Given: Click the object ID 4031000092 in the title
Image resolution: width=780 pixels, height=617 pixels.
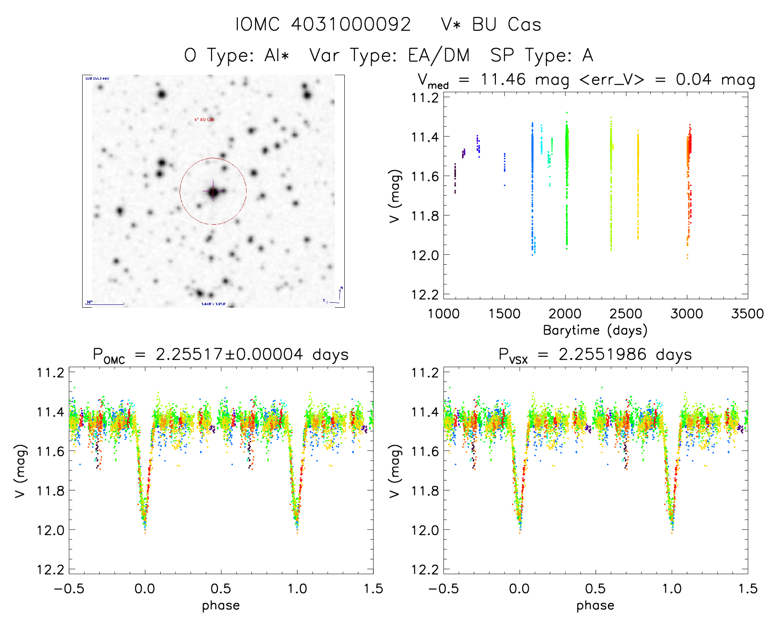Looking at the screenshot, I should [351, 24].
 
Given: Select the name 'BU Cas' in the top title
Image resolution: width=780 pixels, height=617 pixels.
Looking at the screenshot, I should [506, 24].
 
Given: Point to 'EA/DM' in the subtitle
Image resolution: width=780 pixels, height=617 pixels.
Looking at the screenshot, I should [439, 55].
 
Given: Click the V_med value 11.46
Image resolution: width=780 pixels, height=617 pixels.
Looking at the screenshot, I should [503, 79].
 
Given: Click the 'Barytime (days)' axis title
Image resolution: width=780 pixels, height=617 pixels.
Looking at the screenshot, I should [595, 330].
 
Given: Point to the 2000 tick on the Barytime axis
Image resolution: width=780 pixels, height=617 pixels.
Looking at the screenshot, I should [565, 314].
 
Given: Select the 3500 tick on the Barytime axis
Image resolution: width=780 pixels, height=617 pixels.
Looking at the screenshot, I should [747, 314].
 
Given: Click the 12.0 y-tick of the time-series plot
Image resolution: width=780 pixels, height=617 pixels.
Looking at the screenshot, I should [425, 255].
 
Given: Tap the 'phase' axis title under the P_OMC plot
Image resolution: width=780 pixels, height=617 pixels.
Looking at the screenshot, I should [221, 605].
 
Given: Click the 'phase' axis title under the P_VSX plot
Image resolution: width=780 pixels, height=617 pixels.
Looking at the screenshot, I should [595, 605].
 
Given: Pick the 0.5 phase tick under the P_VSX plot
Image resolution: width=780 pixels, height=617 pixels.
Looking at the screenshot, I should [595, 589].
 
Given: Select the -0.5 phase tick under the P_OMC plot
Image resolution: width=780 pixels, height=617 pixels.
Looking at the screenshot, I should [69, 589].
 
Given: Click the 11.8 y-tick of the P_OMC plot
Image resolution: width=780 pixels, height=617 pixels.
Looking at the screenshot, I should [50, 491].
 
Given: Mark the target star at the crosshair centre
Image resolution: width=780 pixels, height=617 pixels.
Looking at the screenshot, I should [213, 192].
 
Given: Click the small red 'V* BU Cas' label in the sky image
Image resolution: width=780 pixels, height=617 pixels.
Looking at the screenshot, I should [204, 120].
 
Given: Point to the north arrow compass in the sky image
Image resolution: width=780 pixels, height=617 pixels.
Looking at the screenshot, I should [339, 294].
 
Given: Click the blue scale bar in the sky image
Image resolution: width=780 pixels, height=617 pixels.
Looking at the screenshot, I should [105, 304].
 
